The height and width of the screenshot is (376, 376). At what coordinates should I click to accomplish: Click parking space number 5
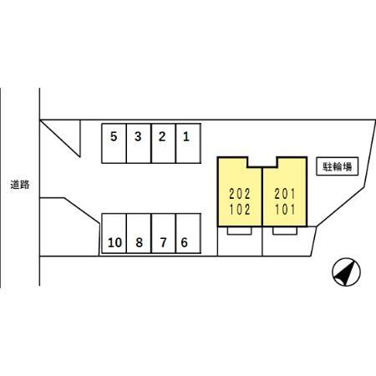(x=114, y=143)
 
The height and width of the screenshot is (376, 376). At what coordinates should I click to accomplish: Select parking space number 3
(x=139, y=143)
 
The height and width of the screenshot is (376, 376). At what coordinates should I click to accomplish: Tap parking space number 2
(x=164, y=143)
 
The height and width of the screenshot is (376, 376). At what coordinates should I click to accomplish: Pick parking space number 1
(x=188, y=143)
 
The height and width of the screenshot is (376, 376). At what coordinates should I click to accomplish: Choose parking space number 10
(x=114, y=233)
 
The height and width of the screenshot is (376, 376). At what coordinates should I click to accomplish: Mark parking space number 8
(x=139, y=233)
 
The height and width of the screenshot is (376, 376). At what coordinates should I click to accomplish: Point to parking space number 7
(x=164, y=233)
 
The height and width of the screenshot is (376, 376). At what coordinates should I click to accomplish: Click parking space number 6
(x=188, y=233)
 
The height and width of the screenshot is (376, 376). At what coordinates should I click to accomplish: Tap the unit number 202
(x=240, y=194)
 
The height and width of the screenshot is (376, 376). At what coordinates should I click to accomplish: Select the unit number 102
(x=240, y=210)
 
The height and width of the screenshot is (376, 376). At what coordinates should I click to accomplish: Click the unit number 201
(x=284, y=194)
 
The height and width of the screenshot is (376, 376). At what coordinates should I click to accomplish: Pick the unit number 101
(x=284, y=210)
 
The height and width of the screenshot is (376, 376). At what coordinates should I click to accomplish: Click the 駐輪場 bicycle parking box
(x=337, y=166)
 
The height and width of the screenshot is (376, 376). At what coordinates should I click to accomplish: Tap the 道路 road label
(x=20, y=185)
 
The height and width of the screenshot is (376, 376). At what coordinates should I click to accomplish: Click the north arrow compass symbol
(x=346, y=272)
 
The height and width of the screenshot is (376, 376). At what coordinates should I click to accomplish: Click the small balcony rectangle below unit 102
(x=240, y=231)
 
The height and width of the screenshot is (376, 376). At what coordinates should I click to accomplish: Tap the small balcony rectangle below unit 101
(x=285, y=231)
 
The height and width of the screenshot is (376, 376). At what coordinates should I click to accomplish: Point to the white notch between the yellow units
(x=262, y=162)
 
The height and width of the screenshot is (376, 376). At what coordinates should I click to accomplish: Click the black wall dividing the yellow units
(x=262, y=196)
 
